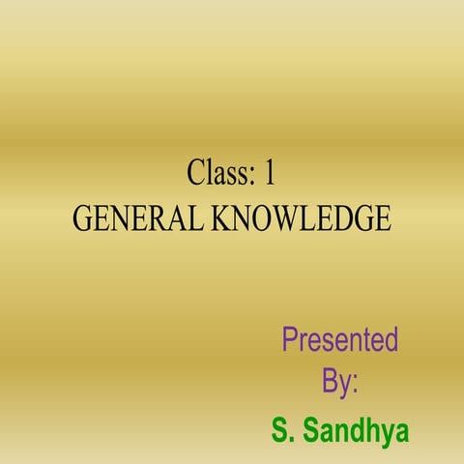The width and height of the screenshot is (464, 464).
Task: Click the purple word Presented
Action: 340,340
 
